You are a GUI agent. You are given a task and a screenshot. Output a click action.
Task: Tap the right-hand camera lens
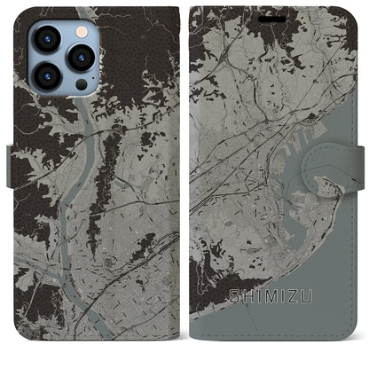[x=82, y=58]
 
